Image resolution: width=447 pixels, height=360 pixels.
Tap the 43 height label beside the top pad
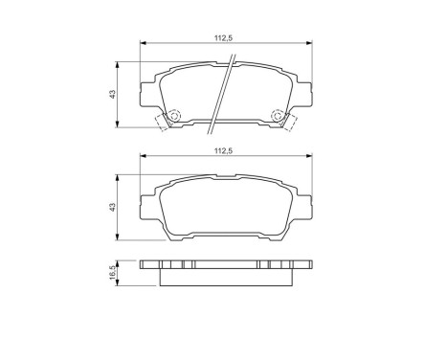tap(112, 94)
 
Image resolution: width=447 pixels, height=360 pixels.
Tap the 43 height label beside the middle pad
tap(112, 206)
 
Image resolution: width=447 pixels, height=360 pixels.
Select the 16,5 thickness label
tap(112, 273)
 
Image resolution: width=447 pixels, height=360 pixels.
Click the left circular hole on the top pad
tap(174, 117)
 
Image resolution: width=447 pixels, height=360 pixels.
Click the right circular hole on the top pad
tap(279, 117)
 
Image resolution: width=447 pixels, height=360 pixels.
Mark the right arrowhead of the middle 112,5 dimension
tap(310, 156)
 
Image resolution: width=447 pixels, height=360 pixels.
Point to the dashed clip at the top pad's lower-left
tap(162, 123)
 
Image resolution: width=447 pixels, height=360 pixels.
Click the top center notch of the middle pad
tap(227, 180)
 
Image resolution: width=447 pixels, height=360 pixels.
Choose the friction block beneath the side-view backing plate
tap(227, 277)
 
